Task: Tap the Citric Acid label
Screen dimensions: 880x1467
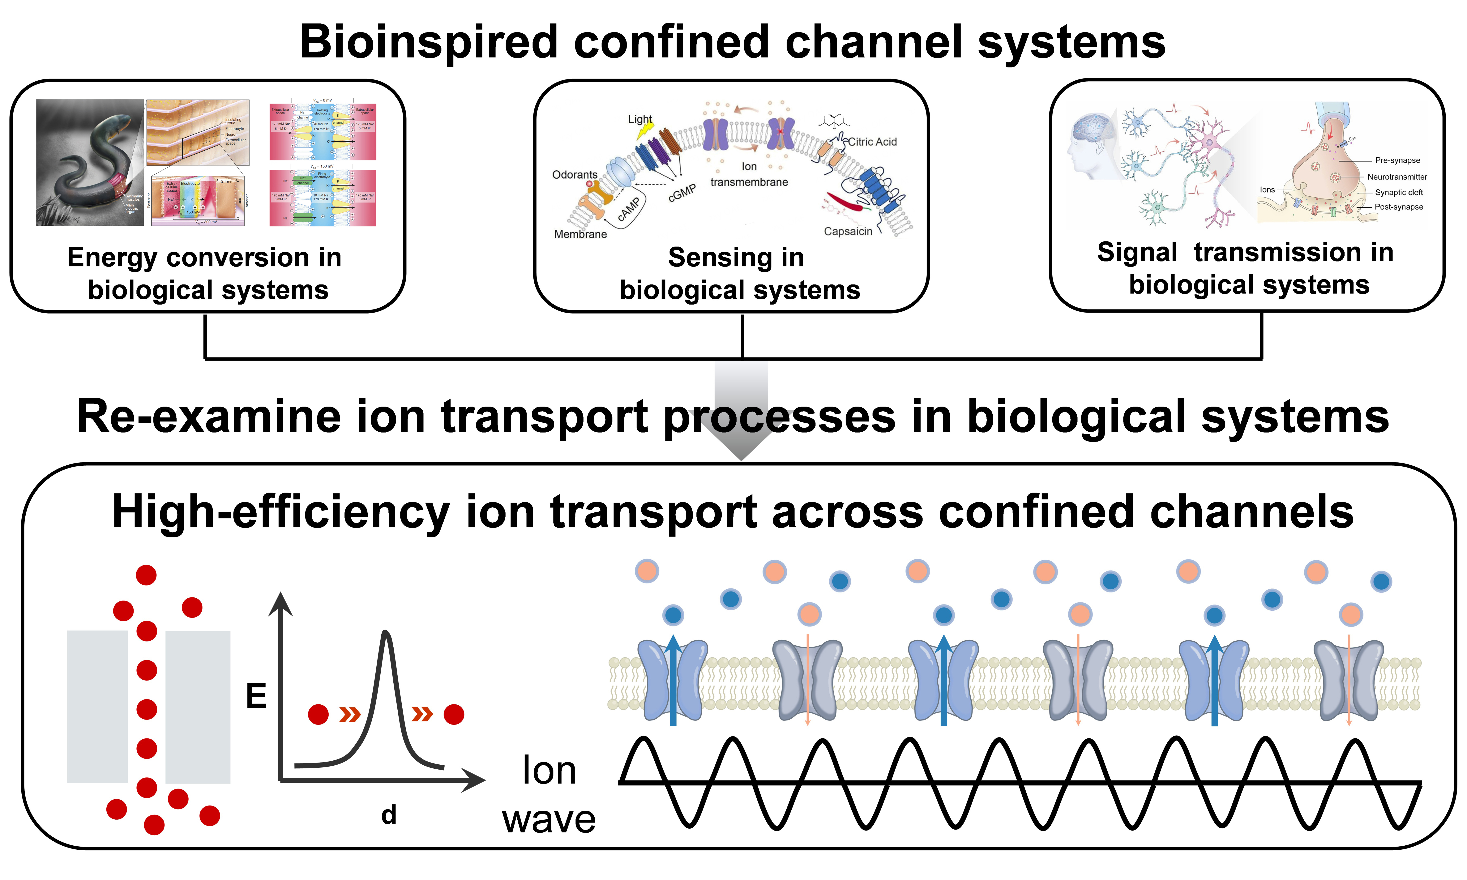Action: pyautogui.click(x=872, y=142)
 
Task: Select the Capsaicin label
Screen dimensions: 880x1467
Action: pyautogui.click(x=848, y=231)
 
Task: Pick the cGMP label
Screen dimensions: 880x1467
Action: pyautogui.click(x=682, y=193)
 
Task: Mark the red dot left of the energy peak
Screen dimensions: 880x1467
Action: pyautogui.click(x=319, y=715)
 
